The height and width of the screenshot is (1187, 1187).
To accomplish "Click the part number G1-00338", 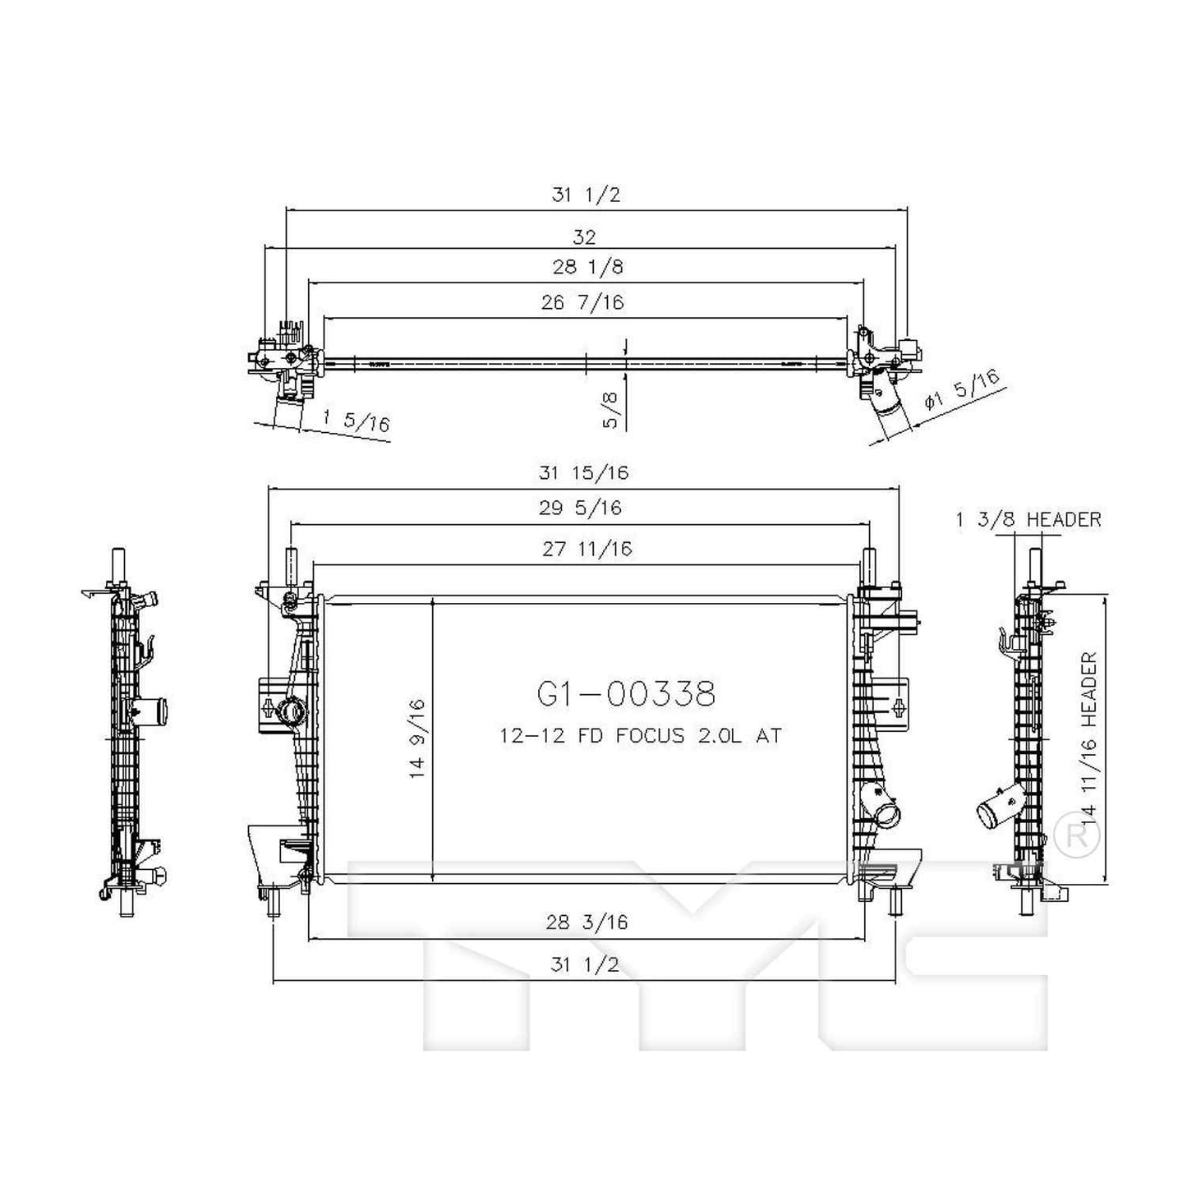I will [x=626, y=694].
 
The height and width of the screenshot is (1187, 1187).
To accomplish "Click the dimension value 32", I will [x=584, y=237].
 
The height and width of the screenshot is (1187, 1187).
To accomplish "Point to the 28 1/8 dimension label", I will [x=587, y=267].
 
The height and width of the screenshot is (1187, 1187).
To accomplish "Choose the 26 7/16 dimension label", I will [x=582, y=302].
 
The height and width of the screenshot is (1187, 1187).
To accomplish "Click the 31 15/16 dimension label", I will [x=583, y=473].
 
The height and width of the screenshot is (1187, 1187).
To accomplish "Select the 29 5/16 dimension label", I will [x=580, y=508].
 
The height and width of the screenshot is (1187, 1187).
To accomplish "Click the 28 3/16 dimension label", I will [x=587, y=922].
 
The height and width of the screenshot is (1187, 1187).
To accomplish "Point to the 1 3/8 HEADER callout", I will [x=1028, y=519].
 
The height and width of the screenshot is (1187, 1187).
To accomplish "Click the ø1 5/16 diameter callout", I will [x=962, y=390].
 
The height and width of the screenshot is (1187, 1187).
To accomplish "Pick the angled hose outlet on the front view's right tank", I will [x=886, y=817].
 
